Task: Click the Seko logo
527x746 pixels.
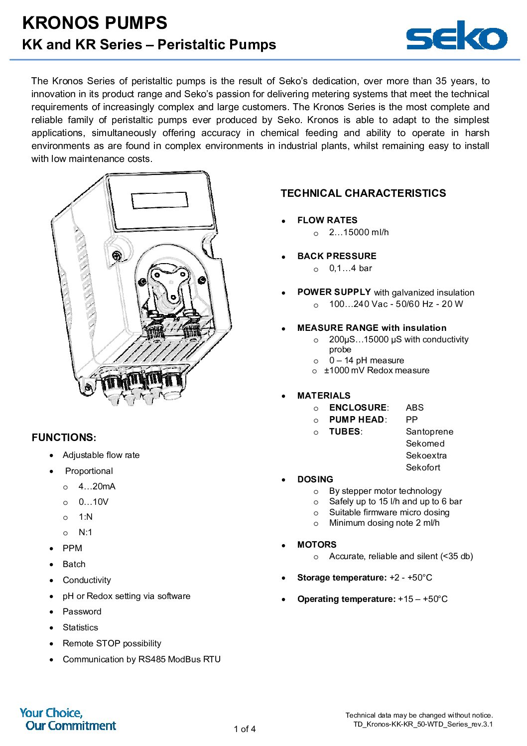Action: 456,35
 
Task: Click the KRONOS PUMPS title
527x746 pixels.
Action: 95,23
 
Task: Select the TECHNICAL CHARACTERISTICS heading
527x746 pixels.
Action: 363,193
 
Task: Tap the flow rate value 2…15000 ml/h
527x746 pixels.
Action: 359,232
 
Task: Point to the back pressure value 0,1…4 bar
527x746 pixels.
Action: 350,268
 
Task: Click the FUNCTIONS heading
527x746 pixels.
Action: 64,438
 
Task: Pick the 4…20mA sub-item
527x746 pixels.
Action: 97,486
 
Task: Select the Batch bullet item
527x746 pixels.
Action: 74,564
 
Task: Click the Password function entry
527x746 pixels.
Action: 82,611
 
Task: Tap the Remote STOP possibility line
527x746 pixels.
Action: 112,643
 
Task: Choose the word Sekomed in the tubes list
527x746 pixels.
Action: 425,444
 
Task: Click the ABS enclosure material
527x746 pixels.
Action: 414,408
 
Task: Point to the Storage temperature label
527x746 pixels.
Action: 342,578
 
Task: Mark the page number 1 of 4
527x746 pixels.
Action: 245,729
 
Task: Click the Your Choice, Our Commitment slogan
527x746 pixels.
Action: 68,719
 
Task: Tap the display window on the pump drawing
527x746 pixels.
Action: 159,200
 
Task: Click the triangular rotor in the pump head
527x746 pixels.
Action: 168,286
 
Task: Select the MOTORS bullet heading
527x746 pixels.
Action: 317,545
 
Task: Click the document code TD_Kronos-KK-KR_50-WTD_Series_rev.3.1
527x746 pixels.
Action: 423,724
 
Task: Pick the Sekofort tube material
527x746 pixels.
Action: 423,467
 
